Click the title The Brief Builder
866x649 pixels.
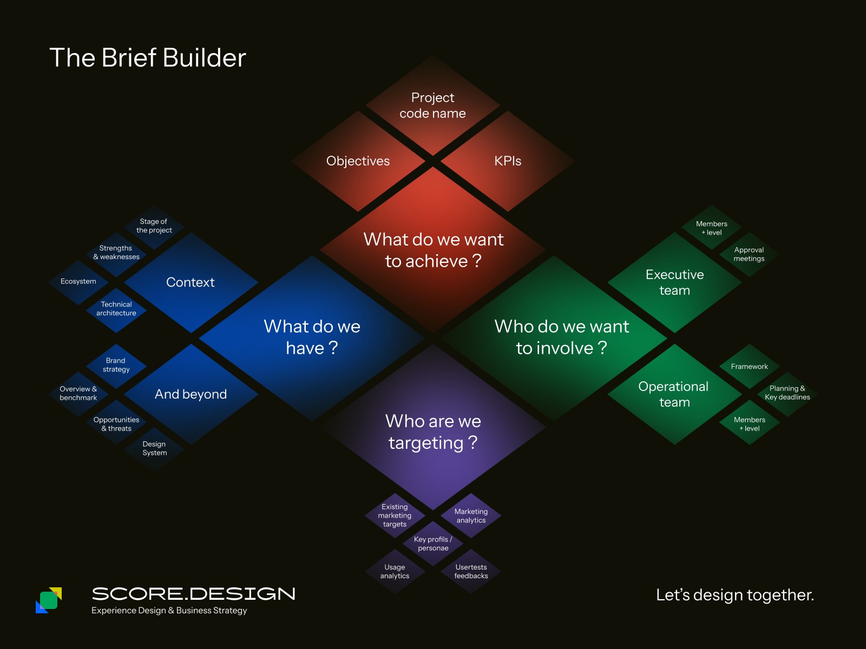pyautogui.click(x=148, y=58)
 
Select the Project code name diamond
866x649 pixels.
pyautogui.click(x=432, y=105)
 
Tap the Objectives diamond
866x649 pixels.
pyautogui.click(x=358, y=161)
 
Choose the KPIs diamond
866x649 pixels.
pyautogui.click(x=508, y=161)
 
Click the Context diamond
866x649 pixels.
pyautogui.click(x=191, y=282)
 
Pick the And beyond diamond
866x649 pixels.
pyautogui.click(x=191, y=394)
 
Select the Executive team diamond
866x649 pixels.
pyautogui.click(x=674, y=282)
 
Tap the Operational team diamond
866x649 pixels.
pyautogui.click(x=674, y=394)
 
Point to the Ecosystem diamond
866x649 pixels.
pyautogui.click(x=78, y=282)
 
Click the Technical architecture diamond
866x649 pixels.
pyautogui.click(x=116, y=309)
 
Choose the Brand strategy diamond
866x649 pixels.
pyautogui.click(x=116, y=365)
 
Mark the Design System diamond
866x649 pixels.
pyautogui.click(x=154, y=448)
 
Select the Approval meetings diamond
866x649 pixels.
pyautogui.click(x=749, y=254)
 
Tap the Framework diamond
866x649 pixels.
pyautogui.click(x=749, y=367)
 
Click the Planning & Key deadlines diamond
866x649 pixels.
pyautogui.click(x=787, y=393)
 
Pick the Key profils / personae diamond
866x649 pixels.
pyautogui.click(x=433, y=544)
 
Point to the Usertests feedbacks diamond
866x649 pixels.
pyautogui.click(x=471, y=572)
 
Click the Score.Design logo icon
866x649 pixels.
pyautogui.click(x=49, y=600)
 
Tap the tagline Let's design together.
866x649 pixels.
pyautogui.click(x=734, y=595)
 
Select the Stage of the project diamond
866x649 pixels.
pyautogui.click(x=154, y=226)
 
